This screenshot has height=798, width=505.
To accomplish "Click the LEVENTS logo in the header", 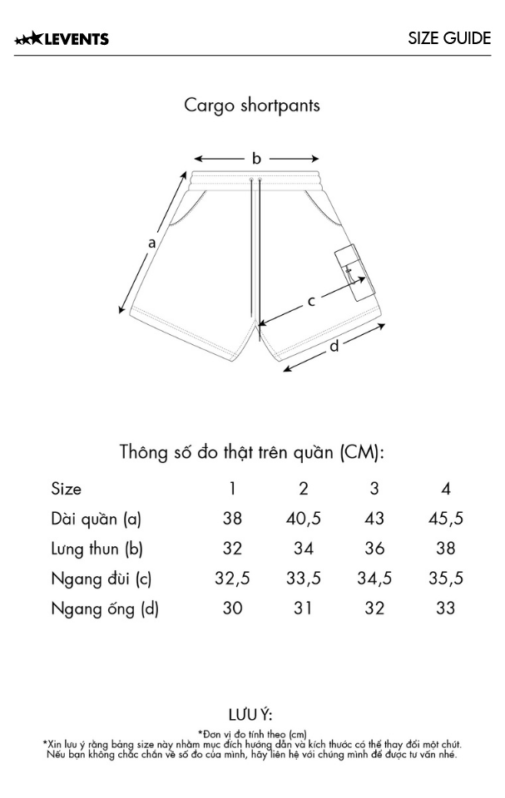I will tap(62, 39).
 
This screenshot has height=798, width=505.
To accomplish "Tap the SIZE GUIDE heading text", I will tap(449, 39).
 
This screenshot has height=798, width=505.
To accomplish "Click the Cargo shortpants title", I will tap(252, 106).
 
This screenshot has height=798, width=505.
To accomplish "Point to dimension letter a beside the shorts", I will tap(151, 243).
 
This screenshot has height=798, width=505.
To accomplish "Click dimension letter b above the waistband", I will tap(256, 158).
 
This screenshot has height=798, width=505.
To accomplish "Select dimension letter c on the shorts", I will tap(311, 301).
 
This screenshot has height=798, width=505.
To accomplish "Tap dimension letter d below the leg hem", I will tap(334, 346).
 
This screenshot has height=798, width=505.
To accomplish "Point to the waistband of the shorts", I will tap(256, 181).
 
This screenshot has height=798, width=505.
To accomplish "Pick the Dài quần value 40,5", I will tap(303, 519).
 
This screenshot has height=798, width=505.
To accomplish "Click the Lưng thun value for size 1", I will tap(232, 549).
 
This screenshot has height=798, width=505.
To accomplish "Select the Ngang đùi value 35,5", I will tap(445, 579).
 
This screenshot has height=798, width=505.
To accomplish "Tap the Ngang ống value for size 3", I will tap(374, 608).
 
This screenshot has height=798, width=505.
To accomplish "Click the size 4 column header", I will tap(445, 489).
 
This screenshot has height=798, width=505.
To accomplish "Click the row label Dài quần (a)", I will tap(96, 519).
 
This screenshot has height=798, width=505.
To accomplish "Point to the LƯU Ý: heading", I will tap(250, 715).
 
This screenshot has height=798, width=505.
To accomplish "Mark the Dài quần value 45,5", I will tap(445, 519).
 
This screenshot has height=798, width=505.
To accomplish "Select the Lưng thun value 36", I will tap(374, 549).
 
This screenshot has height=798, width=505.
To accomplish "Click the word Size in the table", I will tap(67, 489).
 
